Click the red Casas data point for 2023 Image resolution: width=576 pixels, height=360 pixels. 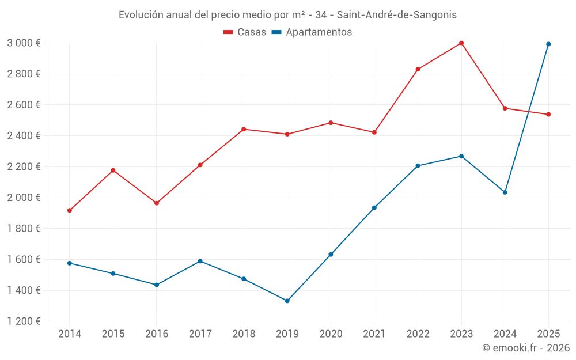click(461, 43)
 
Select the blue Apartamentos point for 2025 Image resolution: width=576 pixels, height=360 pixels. click(548, 44)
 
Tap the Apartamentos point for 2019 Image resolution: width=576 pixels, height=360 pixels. click(287, 301)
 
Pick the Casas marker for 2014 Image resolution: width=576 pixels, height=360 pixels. click(70, 210)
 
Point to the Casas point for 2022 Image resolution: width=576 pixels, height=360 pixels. click(418, 69)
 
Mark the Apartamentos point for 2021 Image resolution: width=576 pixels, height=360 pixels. click(374, 207)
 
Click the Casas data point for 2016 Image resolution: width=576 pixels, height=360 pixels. click(157, 203)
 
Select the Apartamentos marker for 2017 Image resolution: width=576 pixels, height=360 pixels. click(200, 261)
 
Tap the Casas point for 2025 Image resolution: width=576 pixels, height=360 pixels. click(548, 114)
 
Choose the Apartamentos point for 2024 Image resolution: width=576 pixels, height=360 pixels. click(505, 192)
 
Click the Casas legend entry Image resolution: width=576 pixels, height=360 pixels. click(245, 32)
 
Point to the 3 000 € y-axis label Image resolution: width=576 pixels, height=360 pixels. click(24, 43)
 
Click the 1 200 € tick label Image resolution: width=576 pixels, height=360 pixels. click(24, 321)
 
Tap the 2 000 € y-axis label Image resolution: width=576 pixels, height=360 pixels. click(24, 198)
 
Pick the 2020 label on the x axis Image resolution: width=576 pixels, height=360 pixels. click(331, 334)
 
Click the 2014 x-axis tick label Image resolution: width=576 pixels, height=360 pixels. click(70, 334)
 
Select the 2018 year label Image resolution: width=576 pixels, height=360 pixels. click(244, 334)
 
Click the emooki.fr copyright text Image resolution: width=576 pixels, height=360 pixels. click(525, 348)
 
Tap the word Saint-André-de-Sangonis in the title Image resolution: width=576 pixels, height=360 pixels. click(397, 15)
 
